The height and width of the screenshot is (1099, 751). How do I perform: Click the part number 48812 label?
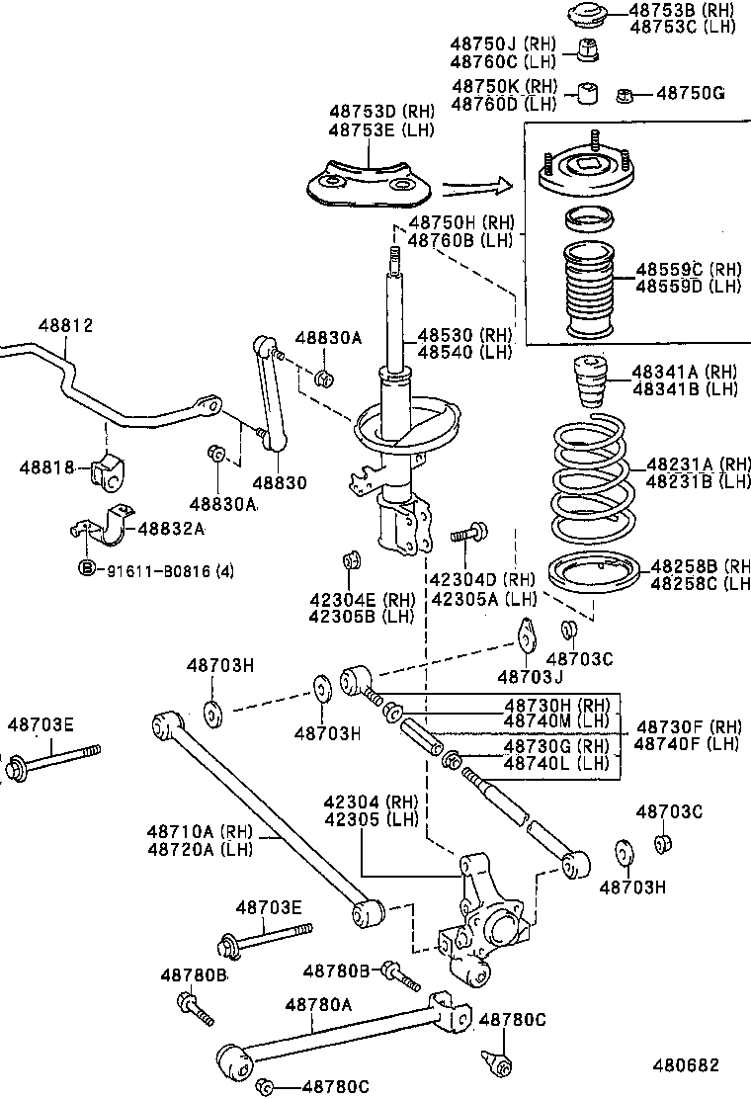coord(65,324)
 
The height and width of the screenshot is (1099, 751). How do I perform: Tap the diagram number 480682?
coord(684,1065)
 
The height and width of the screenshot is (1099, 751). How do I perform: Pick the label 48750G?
coord(691,94)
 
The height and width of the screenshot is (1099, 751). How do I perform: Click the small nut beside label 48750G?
coord(624,95)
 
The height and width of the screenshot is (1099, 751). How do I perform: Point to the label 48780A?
coord(318,1004)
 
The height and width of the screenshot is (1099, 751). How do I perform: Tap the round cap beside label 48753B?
coord(586,17)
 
